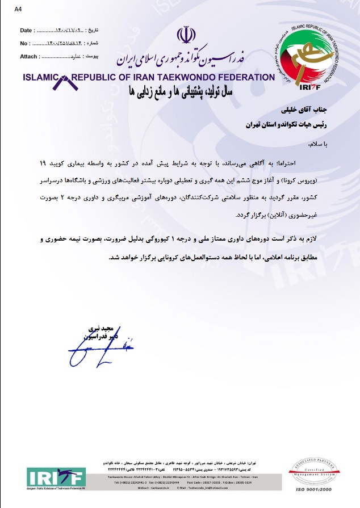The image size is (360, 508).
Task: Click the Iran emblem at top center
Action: [183, 35]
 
